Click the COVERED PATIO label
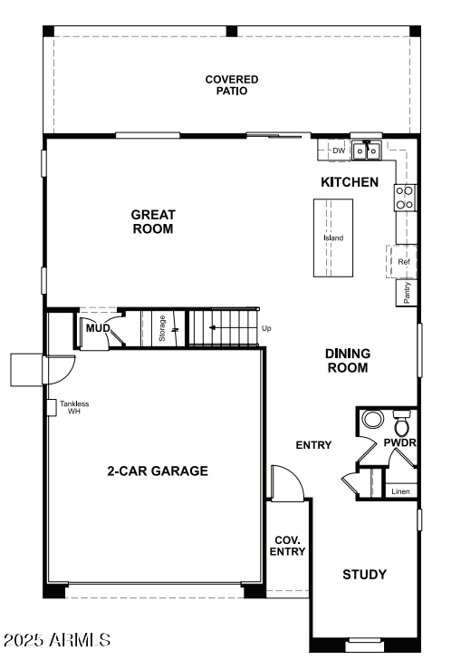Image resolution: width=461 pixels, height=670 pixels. (x=232, y=85)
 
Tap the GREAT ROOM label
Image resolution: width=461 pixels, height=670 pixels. (x=153, y=222)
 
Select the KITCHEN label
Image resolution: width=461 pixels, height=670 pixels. (x=350, y=182)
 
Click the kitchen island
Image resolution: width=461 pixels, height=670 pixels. (x=334, y=238)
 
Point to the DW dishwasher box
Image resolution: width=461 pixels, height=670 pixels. (x=337, y=151)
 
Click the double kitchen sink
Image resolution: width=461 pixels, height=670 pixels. (x=366, y=150)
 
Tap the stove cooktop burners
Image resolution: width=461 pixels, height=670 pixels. (x=405, y=198)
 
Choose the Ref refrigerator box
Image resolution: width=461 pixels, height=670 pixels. (x=404, y=262)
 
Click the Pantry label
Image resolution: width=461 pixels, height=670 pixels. (x=408, y=292)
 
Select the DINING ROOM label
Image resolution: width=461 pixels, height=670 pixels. (x=348, y=361)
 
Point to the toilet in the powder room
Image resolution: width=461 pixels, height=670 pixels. (x=402, y=422)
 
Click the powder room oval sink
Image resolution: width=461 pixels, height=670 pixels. (x=372, y=421)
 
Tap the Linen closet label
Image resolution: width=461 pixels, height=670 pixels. (x=400, y=491)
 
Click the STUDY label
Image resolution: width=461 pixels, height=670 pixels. (x=364, y=575)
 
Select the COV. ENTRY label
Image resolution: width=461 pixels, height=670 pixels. (x=288, y=546)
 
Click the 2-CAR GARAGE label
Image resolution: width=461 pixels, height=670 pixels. (x=158, y=471)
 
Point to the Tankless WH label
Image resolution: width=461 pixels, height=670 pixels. (x=74, y=407)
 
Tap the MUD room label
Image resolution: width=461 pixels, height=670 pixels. (x=98, y=327)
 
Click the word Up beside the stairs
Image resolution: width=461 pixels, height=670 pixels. (x=266, y=328)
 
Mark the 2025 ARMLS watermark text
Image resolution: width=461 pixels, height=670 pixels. (x=57, y=641)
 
